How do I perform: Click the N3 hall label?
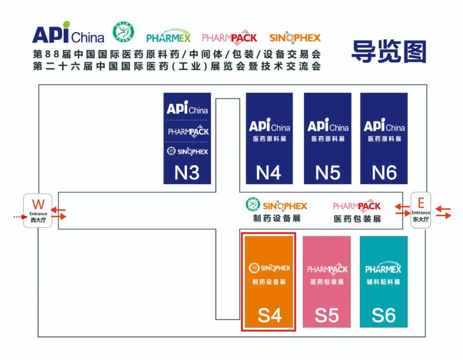tap(187, 173)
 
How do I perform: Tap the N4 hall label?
tap(268, 173)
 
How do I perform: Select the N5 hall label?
tap(328, 173)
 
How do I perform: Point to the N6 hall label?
tap(384, 173)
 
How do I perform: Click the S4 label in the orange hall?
tap(269, 315)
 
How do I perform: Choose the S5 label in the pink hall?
tap(327, 315)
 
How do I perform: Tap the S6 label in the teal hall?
tap(384, 315)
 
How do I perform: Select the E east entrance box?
tap(421, 210)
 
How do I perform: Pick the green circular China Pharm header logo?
tap(123, 32)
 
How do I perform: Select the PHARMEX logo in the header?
tap(168, 38)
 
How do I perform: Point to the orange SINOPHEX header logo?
tap(295, 38)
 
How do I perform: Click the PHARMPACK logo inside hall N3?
tap(188, 131)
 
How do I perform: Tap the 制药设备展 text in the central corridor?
tap(277, 219)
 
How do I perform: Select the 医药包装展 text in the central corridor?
tap(357, 219)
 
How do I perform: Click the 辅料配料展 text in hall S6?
tap(383, 282)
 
